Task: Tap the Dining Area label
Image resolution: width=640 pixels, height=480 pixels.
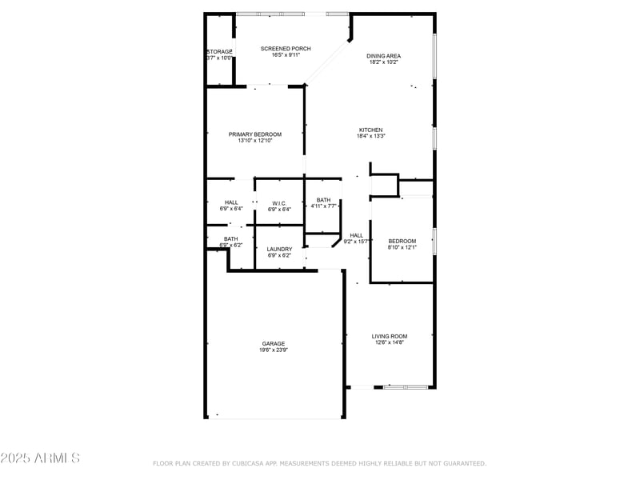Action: pos(383,56)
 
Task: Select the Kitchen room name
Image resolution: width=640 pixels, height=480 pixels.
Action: pos(370,130)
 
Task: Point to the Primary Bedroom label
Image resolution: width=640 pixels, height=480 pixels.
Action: pos(255,134)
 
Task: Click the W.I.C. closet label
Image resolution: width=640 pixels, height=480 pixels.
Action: pos(279,202)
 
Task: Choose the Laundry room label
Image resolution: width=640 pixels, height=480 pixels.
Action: pos(279,249)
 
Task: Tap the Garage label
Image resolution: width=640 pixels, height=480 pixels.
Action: pos(273,344)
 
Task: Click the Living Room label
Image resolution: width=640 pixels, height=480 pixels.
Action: pos(390,336)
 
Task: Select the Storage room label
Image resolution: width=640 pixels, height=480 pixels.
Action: pos(219,52)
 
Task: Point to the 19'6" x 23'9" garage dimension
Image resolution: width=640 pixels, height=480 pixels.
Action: pos(273,350)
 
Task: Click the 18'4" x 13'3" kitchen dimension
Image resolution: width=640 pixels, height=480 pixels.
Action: pos(371,136)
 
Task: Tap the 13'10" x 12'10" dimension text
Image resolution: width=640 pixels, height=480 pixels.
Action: pos(255,141)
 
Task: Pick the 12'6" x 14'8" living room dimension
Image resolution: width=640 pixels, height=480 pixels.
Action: pos(390,342)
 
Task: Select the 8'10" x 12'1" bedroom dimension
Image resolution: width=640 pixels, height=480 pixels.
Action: pos(402,247)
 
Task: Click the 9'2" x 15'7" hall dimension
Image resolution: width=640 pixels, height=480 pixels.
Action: pos(356,241)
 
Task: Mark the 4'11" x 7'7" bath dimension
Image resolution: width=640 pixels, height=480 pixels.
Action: pos(323,206)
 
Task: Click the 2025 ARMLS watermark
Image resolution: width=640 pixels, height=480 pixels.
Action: pos(40,458)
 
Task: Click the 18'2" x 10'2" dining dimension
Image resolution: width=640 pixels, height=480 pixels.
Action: pos(383,62)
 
